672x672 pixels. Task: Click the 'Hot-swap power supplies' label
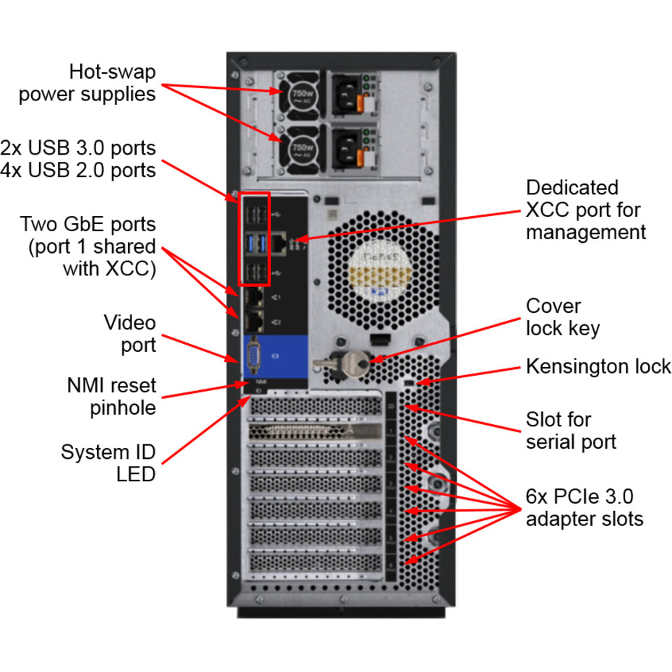(x=87, y=83)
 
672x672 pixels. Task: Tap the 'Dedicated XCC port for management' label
(x=585, y=210)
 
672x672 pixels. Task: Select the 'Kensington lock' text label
(x=598, y=366)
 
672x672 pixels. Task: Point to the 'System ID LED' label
(x=108, y=463)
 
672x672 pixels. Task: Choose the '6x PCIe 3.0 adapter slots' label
(x=584, y=507)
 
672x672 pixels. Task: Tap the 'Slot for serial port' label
(x=571, y=430)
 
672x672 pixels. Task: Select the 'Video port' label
(x=129, y=333)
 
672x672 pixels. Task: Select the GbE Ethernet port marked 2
(x=254, y=321)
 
